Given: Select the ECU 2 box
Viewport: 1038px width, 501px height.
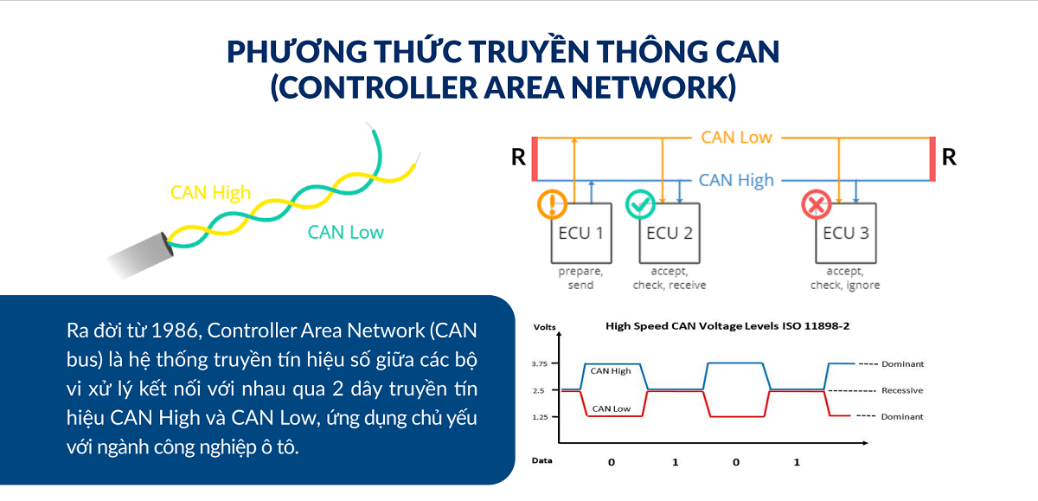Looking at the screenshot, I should (669, 233).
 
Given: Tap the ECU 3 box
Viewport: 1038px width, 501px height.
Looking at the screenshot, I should (845, 233).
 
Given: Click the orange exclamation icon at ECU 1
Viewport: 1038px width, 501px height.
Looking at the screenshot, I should (552, 205).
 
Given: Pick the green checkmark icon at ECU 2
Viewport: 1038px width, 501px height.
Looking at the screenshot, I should (640, 205).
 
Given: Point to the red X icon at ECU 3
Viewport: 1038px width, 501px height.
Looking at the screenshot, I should (816, 205).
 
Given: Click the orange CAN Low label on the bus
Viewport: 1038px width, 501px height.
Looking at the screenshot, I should (736, 138).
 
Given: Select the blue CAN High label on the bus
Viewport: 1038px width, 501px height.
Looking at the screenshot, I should (736, 180).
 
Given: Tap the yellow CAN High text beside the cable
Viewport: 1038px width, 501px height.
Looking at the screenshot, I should (212, 192).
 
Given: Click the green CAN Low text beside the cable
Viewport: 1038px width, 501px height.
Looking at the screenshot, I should (346, 232).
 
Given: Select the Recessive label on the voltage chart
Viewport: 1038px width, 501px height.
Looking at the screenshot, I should (901, 390).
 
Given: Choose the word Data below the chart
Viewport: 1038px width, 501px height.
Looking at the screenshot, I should (542, 460).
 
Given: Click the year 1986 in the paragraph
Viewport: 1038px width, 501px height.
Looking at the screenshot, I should (174, 331).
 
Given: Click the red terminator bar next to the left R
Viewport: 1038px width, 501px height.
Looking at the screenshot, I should (535, 158).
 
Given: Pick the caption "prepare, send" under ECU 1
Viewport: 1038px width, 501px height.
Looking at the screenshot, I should (580, 278).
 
